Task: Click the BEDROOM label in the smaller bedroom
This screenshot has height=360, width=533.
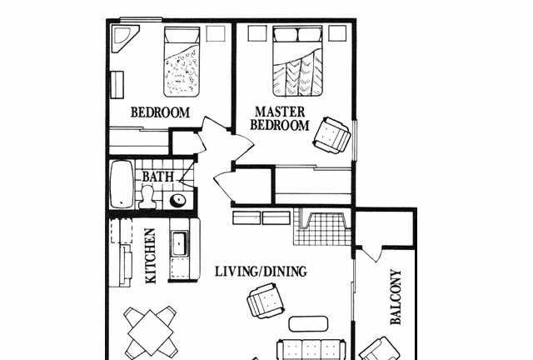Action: [160, 112]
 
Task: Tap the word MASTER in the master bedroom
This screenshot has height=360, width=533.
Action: [280, 112]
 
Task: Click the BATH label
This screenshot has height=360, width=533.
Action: [157, 177]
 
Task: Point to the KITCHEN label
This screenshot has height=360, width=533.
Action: [150, 256]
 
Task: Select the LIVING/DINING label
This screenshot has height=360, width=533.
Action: [261, 271]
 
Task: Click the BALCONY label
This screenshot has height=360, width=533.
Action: [396, 297]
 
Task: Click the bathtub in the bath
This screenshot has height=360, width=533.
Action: [122, 184]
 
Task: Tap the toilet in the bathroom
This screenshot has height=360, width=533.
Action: [147, 197]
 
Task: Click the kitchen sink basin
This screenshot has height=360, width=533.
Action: [180, 243]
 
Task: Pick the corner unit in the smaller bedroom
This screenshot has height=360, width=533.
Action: [125, 38]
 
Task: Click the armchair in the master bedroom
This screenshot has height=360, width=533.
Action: [332, 135]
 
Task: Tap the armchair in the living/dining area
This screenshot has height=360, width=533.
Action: [266, 301]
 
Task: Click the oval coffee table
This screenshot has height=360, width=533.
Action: [308, 324]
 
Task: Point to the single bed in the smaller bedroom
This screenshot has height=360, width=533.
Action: [182, 61]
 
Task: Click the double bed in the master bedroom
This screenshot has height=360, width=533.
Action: [297, 61]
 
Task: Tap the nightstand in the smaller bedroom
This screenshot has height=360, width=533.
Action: [216, 33]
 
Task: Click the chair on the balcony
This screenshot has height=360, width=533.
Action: [380, 350]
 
